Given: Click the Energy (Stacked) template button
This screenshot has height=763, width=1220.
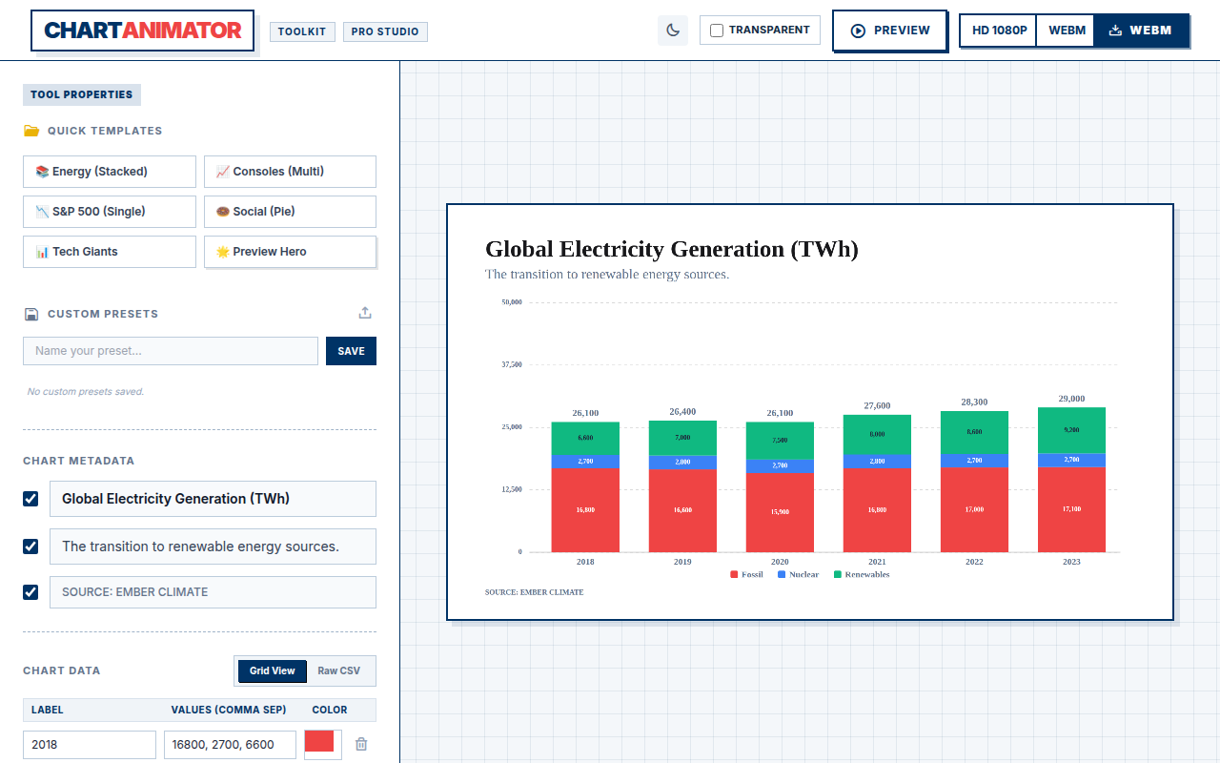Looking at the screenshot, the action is coord(110,172).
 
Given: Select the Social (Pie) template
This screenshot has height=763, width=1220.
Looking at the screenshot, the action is coord(290,212).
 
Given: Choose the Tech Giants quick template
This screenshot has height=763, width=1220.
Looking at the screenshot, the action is coord(110,252).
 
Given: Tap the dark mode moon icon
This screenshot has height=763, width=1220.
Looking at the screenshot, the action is coord(673,31).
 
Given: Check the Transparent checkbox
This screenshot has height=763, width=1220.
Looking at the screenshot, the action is coord(717,31).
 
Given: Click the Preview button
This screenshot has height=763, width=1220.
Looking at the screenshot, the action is coord(890,31).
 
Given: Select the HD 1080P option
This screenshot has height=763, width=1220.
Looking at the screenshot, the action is coord(999,31).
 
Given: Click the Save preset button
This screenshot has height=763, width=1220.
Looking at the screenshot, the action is coord(351,351).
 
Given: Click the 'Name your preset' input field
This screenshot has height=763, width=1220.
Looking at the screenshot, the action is coord(171,351).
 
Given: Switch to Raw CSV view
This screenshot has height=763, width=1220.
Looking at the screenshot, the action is coord(338,670).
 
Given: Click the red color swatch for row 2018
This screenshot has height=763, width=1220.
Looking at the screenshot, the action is coord(319,742).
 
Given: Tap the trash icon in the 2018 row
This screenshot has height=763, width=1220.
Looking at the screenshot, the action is coord(361,744).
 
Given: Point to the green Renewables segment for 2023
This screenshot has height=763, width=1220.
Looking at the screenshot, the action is coord(1071,430).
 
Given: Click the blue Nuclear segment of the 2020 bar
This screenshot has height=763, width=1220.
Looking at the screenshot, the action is coord(780,466).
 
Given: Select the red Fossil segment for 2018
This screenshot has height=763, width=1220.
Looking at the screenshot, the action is coord(585,510).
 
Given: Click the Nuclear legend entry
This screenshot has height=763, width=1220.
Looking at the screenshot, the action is coord(798,574).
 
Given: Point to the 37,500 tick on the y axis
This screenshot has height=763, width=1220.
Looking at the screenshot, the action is coord(512,364).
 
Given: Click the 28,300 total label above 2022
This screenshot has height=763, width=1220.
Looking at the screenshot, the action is coord(974,402).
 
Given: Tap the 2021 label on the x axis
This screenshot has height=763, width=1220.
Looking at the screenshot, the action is coord(877,562).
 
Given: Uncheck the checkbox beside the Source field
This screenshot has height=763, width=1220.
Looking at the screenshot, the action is coord(30,592).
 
